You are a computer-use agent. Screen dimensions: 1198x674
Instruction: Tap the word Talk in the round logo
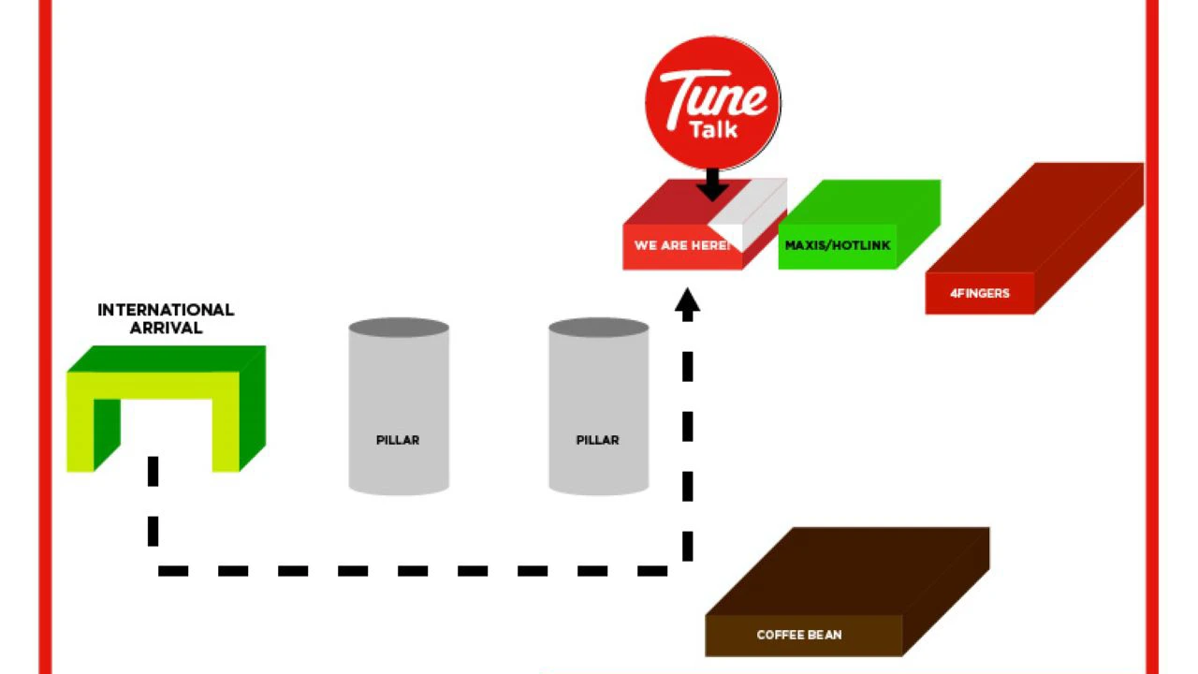coord(713,129)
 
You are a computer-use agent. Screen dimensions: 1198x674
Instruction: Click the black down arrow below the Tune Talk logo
coord(712,184)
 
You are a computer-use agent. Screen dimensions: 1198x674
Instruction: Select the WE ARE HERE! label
coord(682,245)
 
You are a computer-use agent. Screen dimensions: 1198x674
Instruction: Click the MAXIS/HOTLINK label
coord(838,245)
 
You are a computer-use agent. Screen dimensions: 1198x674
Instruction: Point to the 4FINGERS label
coord(980,293)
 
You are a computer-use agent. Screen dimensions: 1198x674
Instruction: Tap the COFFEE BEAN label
coord(799,635)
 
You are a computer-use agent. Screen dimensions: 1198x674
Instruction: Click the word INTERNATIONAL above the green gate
coord(166,310)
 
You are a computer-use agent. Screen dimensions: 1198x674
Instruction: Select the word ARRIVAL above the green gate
coord(166,328)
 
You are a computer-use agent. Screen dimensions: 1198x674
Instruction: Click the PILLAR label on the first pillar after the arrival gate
coord(398,440)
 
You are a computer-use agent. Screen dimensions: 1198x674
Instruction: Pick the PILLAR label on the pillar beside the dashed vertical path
coord(597,440)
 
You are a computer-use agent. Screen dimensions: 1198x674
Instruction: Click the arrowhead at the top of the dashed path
coord(687,304)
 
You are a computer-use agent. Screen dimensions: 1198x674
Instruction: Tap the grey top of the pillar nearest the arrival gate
coord(399,328)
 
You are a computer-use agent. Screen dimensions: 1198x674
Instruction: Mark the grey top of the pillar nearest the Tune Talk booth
coord(599,328)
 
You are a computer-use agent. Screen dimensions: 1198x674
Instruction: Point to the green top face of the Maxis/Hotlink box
coord(860,202)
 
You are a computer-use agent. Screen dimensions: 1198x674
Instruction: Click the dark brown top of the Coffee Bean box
coord(848,572)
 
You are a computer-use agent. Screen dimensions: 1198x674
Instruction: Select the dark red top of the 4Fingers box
coord(1035,218)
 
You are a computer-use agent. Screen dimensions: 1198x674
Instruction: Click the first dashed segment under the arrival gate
coord(153,471)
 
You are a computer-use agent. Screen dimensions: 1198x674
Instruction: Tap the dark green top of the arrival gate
coord(167,359)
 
